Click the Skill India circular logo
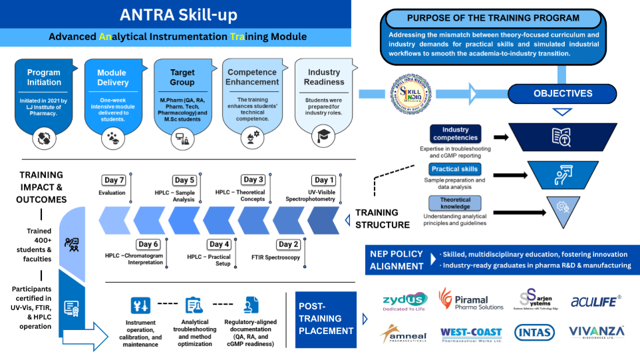click(409, 92)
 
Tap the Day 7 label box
click(114, 180)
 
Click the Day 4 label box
click(220, 244)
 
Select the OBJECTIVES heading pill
click(562, 94)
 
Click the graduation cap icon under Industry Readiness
click(325, 136)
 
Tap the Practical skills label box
click(454, 169)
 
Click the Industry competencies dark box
click(455, 134)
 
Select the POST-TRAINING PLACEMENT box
click(325, 319)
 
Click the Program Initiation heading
click(43, 77)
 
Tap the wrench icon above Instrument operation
click(140, 305)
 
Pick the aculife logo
click(596, 301)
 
